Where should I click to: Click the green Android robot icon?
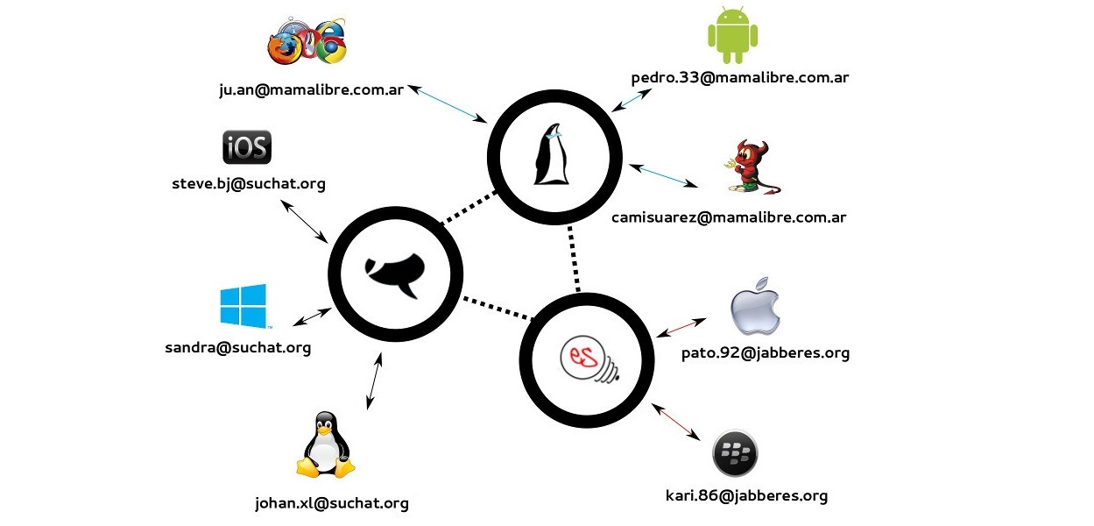point(732,35)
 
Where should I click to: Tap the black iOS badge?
point(247,147)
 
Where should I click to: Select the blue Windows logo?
point(244,306)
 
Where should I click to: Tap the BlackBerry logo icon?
point(735,453)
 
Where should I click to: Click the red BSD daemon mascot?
point(750,167)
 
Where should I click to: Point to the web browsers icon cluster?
point(307,40)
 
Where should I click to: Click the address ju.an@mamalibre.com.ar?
point(311,89)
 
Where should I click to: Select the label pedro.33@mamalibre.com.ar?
point(740,78)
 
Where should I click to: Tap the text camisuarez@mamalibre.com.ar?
point(729,217)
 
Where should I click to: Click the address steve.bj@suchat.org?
point(249,184)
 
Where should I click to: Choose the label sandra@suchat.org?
point(237,348)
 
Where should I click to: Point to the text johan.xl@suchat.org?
point(331,503)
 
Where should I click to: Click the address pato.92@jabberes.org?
point(766,354)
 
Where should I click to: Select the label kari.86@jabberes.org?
point(746,496)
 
